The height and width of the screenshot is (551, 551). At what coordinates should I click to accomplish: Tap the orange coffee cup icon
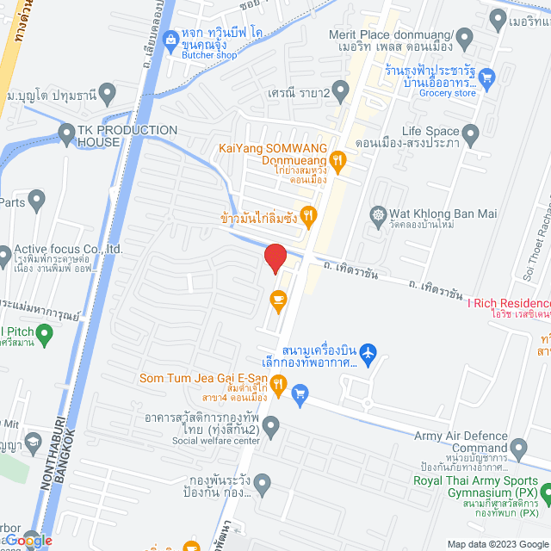pyautogui.click(x=277, y=299)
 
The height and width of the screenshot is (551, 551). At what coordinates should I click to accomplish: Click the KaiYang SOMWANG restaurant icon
pyautogui.click(x=338, y=158)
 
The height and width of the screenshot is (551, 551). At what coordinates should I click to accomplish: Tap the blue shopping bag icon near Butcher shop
pyautogui.click(x=171, y=38)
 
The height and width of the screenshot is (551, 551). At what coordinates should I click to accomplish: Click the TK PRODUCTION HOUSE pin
pyautogui.click(x=66, y=132)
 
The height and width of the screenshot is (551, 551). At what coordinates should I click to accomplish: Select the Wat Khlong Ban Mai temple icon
pyautogui.click(x=376, y=213)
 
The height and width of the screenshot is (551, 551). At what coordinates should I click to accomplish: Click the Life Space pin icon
pyautogui.click(x=470, y=133)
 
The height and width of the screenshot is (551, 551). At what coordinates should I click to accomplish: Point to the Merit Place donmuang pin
pyautogui.click(x=465, y=37)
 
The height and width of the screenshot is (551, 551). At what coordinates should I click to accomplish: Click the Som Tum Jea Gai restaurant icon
pyautogui.click(x=277, y=384)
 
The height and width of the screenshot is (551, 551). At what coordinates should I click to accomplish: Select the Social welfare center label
pyautogui.click(x=215, y=441)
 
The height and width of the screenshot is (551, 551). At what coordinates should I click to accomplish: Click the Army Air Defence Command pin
pyautogui.click(x=518, y=448)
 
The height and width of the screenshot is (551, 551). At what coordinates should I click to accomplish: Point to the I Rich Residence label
pyautogui.click(x=508, y=304)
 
